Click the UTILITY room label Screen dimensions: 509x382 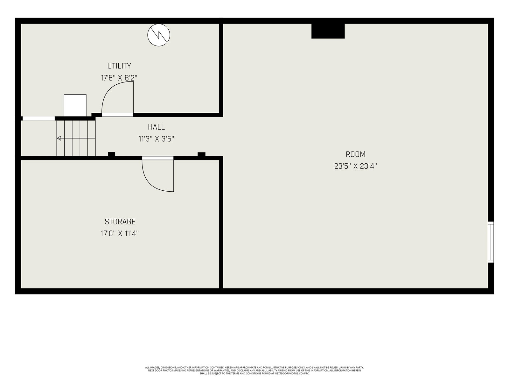(x=119, y=66)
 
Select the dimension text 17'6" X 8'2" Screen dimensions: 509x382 (x=119, y=78)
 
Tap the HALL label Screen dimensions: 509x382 (x=156, y=127)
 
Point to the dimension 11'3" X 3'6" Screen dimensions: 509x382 (x=156, y=139)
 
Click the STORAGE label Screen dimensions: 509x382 (x=120, y=222)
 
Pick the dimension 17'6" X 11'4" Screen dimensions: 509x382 (x=120, y=233)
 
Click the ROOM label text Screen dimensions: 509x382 (x=355, y=154)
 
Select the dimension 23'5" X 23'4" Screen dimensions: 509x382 (x=355, y=166)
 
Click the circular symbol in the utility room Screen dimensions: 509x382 (x=159, y=35)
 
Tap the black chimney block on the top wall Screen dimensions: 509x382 (x=328, y=31)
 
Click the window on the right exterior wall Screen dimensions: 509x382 (x=491, y=242)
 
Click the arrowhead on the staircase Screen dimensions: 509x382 (x=59, y=138)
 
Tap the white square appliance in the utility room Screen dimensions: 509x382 (x=75, y=105)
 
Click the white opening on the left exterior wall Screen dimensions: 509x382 (x=38, y=118)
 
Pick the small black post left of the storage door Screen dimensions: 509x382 (x=112, y=154)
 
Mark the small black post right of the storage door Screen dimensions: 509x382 (x=201, y=154)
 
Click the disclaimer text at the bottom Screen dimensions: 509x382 (x=254, y=371)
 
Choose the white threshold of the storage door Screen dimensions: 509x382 (x=158, y=158)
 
